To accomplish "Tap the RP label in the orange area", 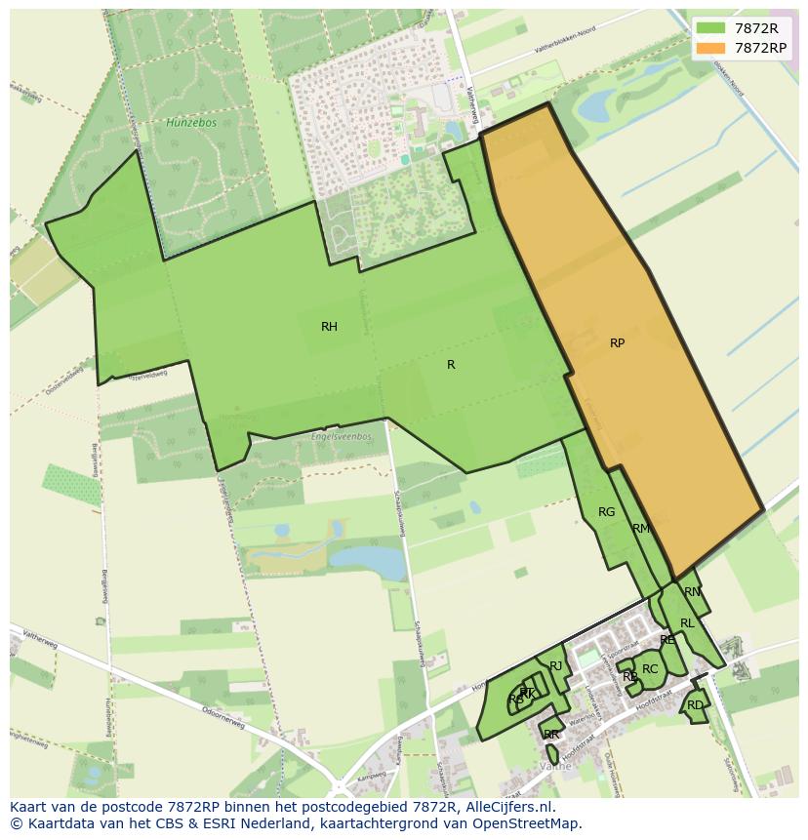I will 617,343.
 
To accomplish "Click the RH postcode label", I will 329,327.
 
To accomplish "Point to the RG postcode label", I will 606,512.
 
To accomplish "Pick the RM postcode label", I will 640,529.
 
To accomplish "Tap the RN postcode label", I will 692,592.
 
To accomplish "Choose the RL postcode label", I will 687,623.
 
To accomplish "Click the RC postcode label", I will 650,669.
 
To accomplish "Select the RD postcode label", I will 695,705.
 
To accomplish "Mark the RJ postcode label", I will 556,666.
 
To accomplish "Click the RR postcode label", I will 551,735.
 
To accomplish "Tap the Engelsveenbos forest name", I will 341,436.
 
